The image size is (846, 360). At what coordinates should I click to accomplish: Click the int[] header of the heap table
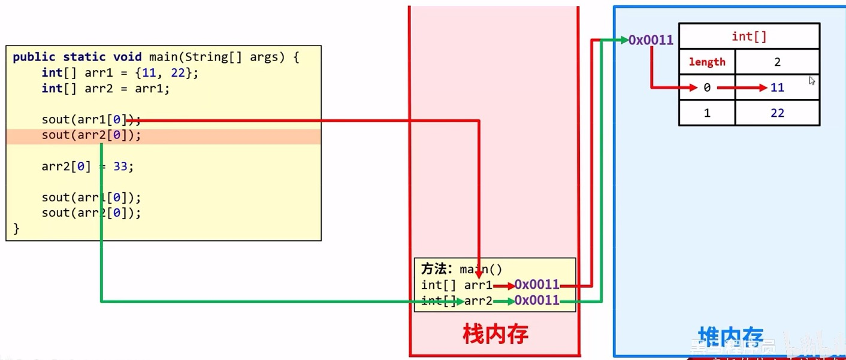749,37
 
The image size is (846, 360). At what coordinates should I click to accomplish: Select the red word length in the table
707,62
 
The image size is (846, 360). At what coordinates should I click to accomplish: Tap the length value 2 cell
777,62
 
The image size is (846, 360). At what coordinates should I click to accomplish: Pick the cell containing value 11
777,87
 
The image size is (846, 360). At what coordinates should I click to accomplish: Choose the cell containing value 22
777,113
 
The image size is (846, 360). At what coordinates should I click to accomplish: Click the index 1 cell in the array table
707,113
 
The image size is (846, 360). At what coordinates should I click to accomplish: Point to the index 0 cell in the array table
707,87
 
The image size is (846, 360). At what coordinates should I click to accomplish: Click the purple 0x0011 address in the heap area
651,40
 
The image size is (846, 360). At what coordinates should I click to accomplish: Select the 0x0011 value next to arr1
537,285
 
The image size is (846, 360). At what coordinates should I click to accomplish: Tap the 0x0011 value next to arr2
537,300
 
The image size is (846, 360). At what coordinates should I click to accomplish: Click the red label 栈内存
495,334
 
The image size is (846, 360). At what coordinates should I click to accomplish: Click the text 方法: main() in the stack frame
461,269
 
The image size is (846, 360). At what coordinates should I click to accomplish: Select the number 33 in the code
120,167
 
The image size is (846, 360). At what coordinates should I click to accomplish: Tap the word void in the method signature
128,58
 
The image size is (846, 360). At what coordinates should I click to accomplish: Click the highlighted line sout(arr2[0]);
91,135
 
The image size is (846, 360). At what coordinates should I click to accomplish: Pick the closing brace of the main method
16,229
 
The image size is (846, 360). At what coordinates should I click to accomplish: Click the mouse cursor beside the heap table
812,80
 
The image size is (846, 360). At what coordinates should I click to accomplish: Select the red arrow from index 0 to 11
742,87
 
